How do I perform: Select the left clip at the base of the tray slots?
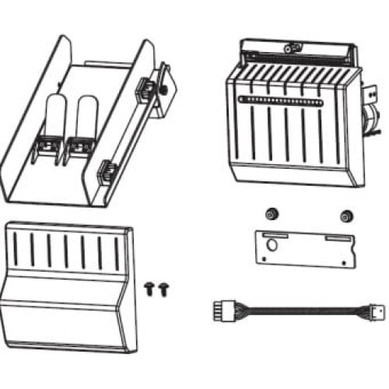(46, 145)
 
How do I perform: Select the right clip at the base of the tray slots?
(78, 145)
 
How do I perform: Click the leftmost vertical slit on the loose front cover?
(16, 247)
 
